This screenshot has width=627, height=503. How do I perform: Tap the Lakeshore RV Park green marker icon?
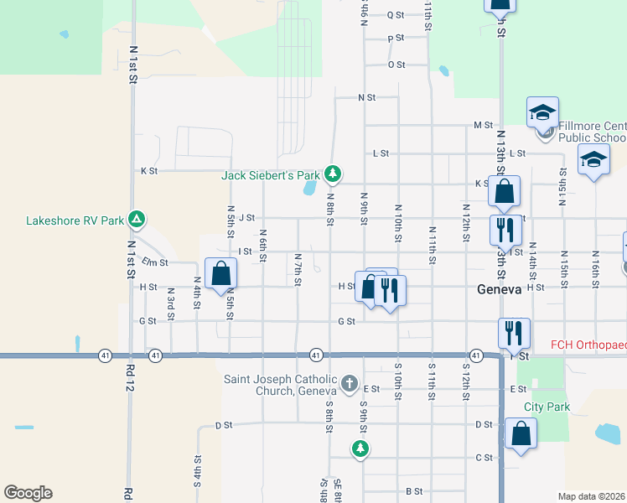(x=137, y=221)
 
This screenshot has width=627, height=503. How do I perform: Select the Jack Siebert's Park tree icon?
(x=334, y=174)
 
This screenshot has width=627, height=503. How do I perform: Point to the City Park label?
(x=547, y=407)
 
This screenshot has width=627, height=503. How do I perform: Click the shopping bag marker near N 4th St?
(x=220, y=273)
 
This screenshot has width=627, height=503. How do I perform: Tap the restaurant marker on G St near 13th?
(x=514, y=333)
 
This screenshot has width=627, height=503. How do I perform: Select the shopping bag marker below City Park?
(x=521, y=434)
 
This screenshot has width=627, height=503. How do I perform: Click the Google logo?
(x=28, y=492)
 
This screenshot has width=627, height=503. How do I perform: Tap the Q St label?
(x=396, y=15)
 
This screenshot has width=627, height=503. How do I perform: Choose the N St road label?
(x=366, y=97)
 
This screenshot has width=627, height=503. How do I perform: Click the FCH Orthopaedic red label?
(x=588, y=345)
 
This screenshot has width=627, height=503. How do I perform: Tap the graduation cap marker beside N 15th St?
(x=593, y=159)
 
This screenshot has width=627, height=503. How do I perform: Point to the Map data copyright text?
(x=592, y=496)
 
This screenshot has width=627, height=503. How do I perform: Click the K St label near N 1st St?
(x=149, y=170)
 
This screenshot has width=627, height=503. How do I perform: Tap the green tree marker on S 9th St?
(x=360, y=449)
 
